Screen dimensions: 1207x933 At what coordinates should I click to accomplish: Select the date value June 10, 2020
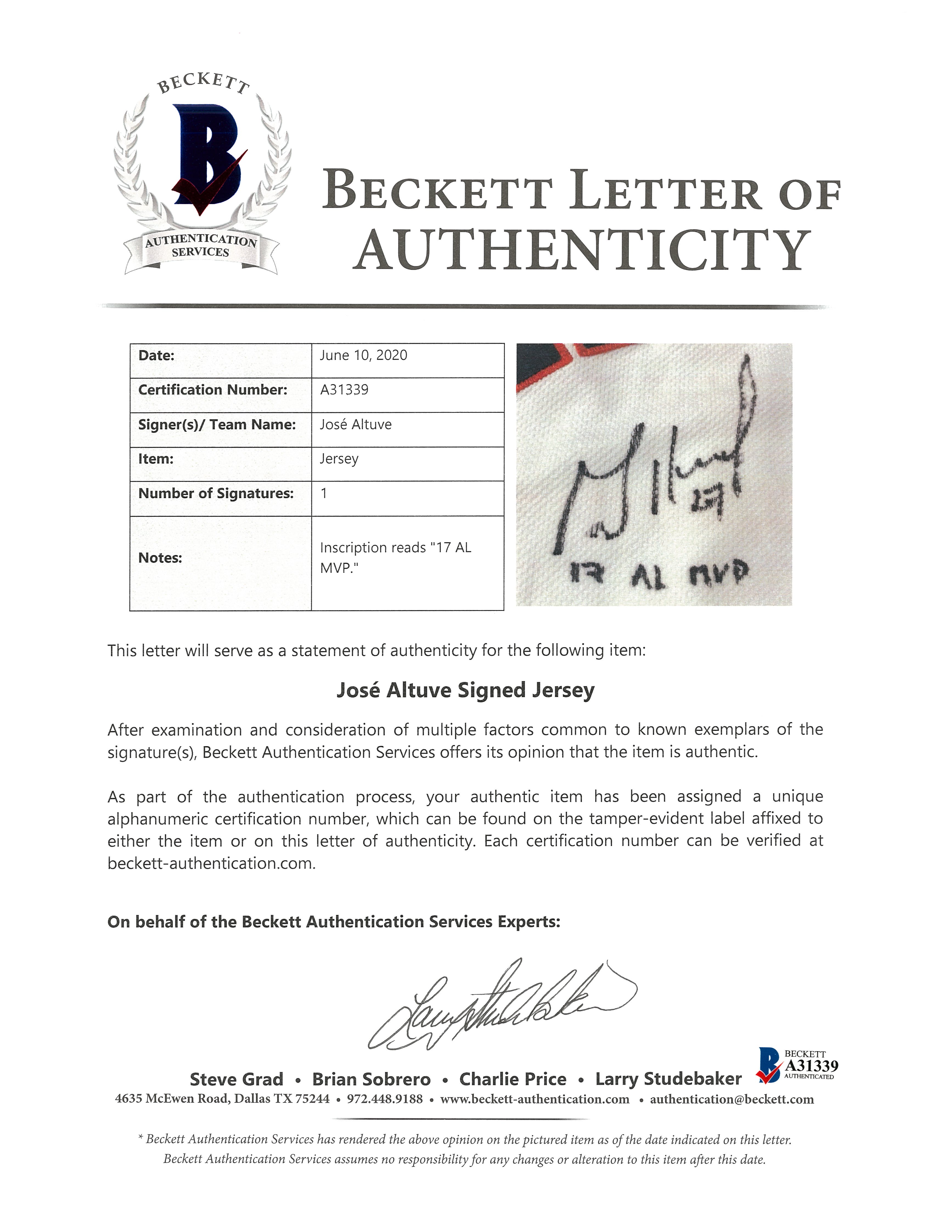(363, 355)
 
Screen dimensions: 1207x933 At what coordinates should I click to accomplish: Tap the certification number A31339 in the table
(344, 390)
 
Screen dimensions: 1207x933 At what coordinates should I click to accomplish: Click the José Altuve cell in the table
(355, 424)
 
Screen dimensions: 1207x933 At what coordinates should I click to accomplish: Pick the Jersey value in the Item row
(339, 459)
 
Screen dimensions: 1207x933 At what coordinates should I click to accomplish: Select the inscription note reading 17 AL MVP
(395, 557)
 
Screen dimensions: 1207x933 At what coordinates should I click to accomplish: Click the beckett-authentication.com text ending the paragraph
(211, 863)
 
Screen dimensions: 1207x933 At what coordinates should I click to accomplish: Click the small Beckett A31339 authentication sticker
(797, 1065)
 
